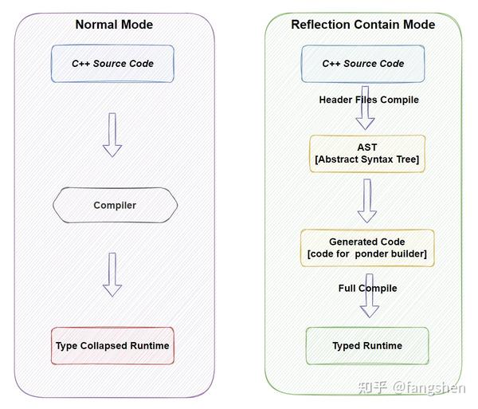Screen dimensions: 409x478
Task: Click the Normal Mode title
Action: [114, 24]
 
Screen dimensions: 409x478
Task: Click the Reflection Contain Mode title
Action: [362, 24]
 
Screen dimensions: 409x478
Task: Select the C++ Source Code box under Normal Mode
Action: [112, 64]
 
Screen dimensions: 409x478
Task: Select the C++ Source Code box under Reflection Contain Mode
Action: [362, 64]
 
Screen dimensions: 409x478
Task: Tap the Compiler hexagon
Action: [115, 206]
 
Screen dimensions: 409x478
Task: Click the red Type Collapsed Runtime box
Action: [112, 346]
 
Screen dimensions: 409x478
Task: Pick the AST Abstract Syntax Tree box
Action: [367, 154]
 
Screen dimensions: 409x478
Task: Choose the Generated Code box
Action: [367, 248]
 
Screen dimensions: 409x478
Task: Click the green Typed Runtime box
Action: [367, 346]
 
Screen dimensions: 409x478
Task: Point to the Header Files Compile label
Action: [368, 100]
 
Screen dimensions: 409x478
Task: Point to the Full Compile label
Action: [367, 288]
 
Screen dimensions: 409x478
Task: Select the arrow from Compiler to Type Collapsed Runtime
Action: [112, 274]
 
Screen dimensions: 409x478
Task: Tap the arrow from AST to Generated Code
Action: [366, 200]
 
